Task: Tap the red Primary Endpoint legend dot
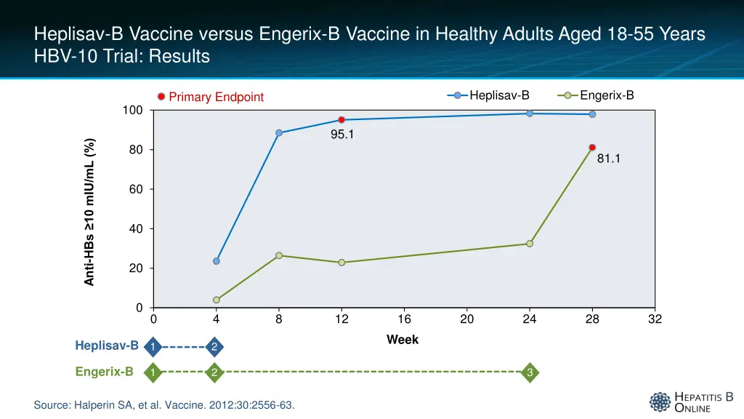161,97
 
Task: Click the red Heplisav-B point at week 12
341,120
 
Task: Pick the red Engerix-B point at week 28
592,148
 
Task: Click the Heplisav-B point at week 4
217,261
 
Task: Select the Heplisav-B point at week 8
279,133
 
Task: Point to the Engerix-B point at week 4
217,300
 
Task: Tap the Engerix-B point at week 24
530,244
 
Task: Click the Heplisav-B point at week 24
530,113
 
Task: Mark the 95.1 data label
342,134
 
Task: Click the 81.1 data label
608,159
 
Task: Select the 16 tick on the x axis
405,319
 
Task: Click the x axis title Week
403,340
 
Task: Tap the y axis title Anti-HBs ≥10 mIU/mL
89,212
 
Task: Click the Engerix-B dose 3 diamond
530,373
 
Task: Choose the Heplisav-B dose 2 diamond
214,347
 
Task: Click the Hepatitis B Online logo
691,402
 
